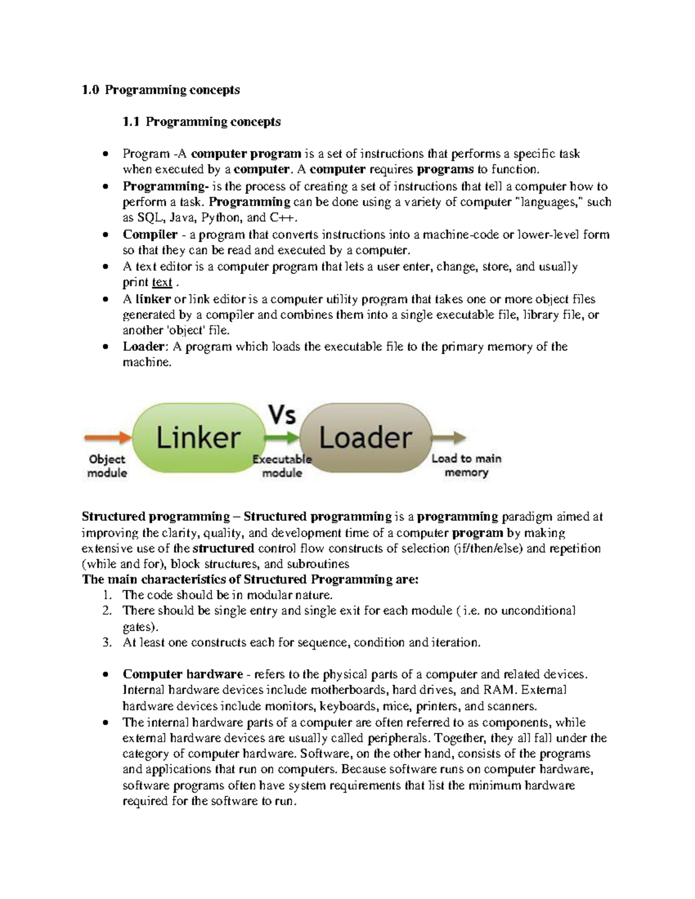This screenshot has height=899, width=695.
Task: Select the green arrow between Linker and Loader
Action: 282,436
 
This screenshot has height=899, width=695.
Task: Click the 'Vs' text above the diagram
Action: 282,414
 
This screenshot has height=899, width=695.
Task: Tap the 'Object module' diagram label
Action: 107,465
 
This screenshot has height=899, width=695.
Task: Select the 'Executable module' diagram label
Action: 282,465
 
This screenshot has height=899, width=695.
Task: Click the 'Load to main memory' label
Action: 466,465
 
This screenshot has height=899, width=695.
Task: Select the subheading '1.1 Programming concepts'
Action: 202,122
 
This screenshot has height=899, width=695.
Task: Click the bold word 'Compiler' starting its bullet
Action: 150,234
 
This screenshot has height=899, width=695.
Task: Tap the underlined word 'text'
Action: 162,282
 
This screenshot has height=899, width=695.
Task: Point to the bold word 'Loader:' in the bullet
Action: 145,347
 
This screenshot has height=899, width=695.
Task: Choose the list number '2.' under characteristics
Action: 107,611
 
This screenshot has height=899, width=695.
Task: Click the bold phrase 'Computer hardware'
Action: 182,674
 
